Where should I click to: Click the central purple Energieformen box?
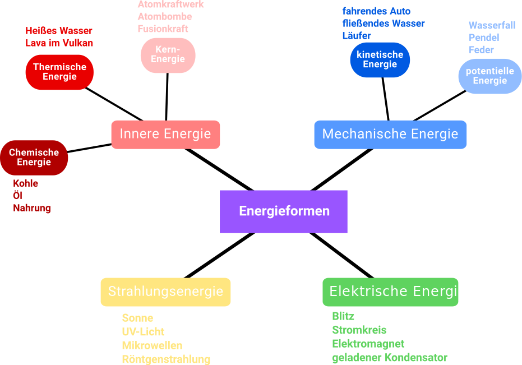(x=283, y=211)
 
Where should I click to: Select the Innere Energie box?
(x=165, y=135)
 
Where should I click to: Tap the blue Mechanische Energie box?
(x=390, y=135)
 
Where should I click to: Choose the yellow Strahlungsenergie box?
(x=165, y=292)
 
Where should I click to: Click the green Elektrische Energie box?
(x=390, y=292)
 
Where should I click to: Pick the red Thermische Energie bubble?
(x=59, y=72)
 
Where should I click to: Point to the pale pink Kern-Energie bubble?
(x=168, y=55)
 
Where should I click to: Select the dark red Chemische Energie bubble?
(x=34, y=158)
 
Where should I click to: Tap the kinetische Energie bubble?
(x=380, y=59)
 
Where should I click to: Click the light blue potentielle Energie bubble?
(x=489, y=76)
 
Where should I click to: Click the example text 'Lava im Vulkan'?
(x=59, y=43)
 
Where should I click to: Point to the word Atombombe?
(x=165, y=16)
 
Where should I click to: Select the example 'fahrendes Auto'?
(x=376, y=11)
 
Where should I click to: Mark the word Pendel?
(x=483, y=38)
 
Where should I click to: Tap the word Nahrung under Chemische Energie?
(x=32, y=208)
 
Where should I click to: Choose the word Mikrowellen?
(x=152, y=345)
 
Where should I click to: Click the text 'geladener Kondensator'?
(x=390, y=358)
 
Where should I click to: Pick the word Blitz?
(x=343, y=316)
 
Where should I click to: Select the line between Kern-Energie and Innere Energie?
(x=167, y=96)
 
